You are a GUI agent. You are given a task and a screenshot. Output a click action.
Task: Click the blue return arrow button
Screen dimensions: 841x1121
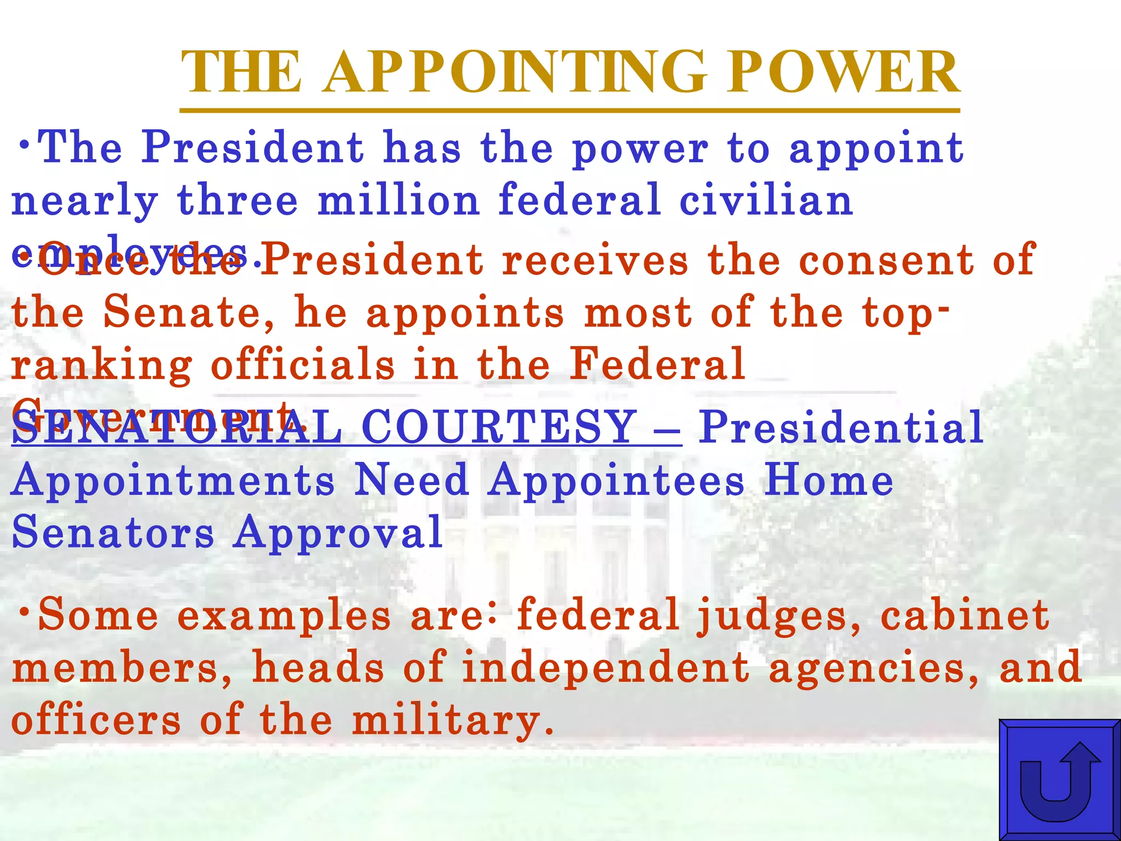(x=1060, y=780)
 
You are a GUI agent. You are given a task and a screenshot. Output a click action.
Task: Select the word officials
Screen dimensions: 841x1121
(x=303, y=365)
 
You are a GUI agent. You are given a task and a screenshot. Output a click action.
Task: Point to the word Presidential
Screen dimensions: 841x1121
(x=841, y=427)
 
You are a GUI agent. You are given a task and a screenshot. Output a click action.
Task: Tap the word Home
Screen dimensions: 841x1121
(x=829, y=480)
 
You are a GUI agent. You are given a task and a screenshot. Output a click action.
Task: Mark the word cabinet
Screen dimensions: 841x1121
(x=964, y=615)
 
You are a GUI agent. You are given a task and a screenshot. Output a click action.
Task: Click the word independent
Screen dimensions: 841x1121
(x=606, y=669)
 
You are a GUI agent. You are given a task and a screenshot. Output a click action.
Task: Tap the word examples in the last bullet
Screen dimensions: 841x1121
(x=284, y=616)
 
